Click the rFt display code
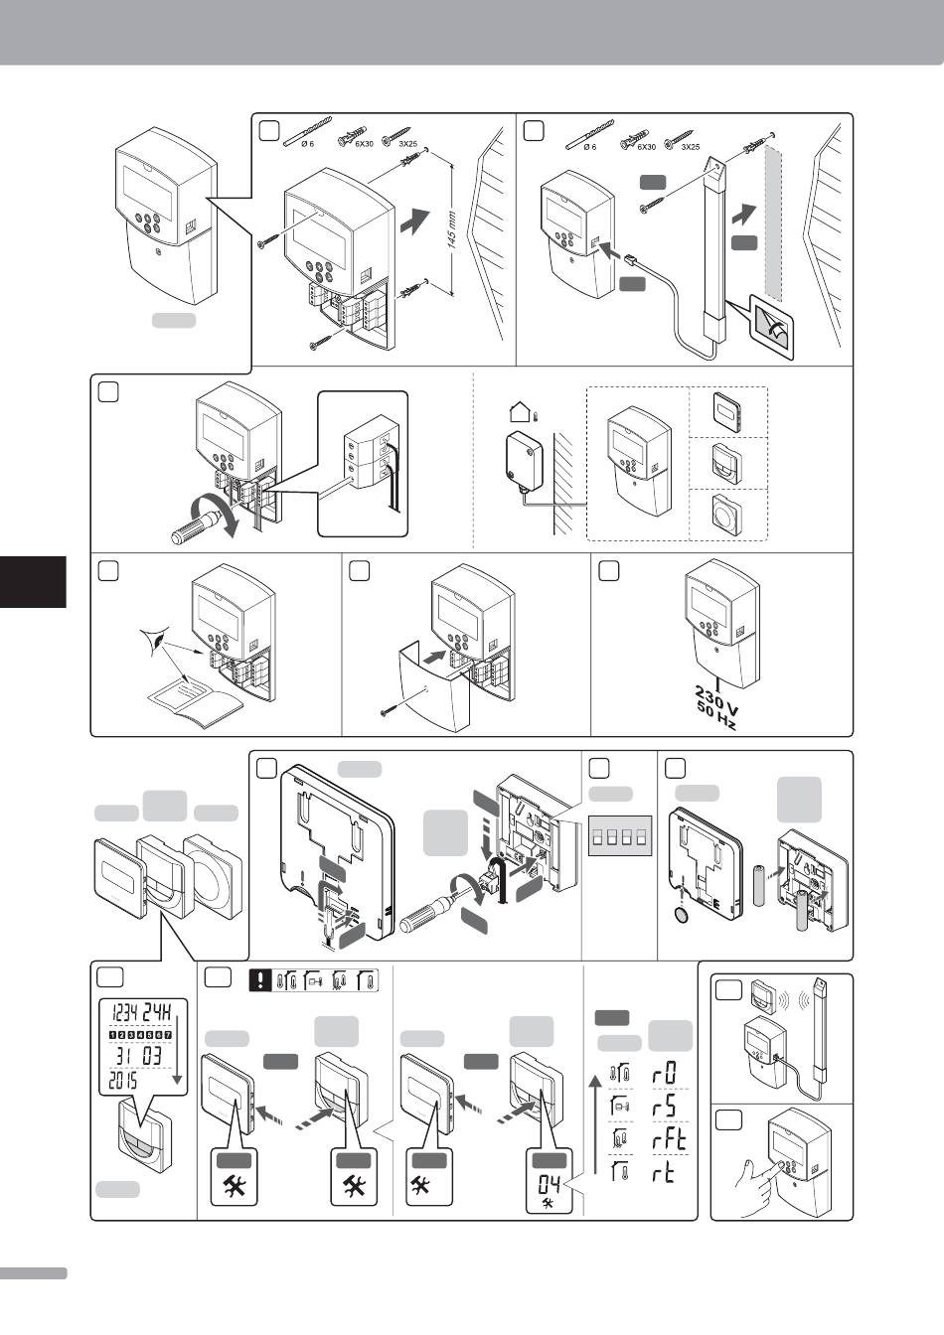[x=666, y=1140]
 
